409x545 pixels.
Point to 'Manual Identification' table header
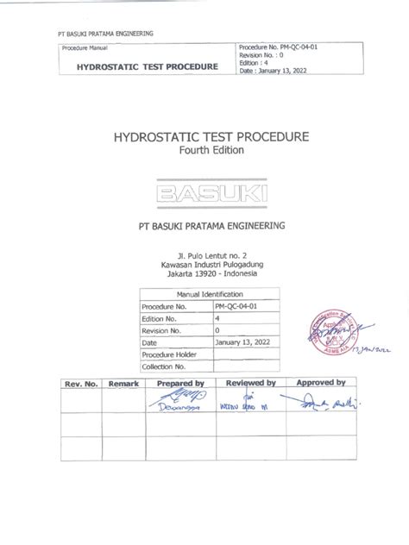click(204, 295)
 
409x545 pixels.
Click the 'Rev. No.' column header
click(76, 382)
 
